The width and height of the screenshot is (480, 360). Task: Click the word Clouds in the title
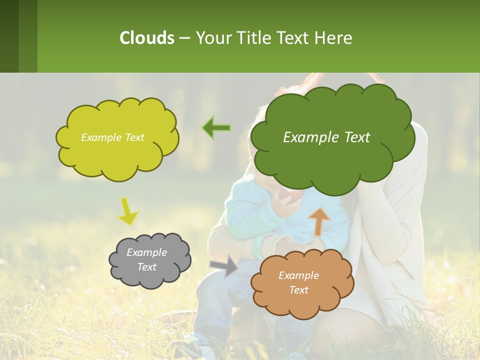[146, 38]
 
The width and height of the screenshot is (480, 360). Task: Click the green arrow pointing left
[216, 127]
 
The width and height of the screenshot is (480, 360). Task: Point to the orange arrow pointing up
[319, 220]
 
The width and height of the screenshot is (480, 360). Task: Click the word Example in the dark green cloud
[309, 137]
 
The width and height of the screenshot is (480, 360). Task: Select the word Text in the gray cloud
[147, 267]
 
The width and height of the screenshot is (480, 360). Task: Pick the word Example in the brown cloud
[298, 275]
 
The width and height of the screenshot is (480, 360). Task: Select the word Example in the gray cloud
[147, 252]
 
